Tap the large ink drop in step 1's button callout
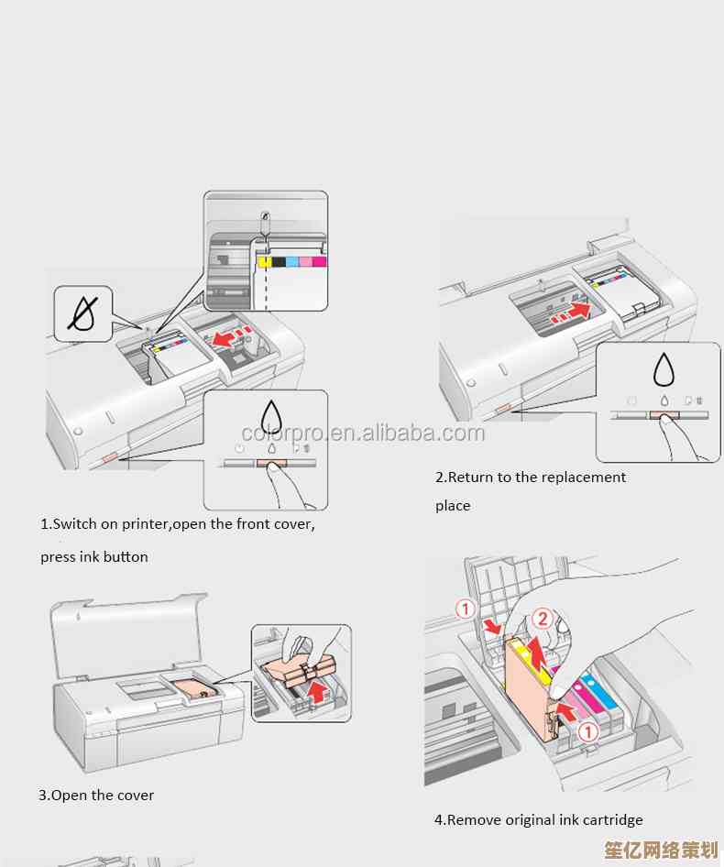click(272, 417)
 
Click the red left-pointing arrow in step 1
click(223, 339)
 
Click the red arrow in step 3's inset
click(316, 689)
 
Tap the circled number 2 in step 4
click(543, 619)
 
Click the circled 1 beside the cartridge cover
click(466, 609)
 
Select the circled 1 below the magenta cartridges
click(588, 731)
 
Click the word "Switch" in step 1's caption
click(74, 525)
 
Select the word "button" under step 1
click(126, 557)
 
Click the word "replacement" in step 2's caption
click(583, 477)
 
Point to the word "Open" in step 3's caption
click(68, 796)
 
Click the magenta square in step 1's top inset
click(319, 262)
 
